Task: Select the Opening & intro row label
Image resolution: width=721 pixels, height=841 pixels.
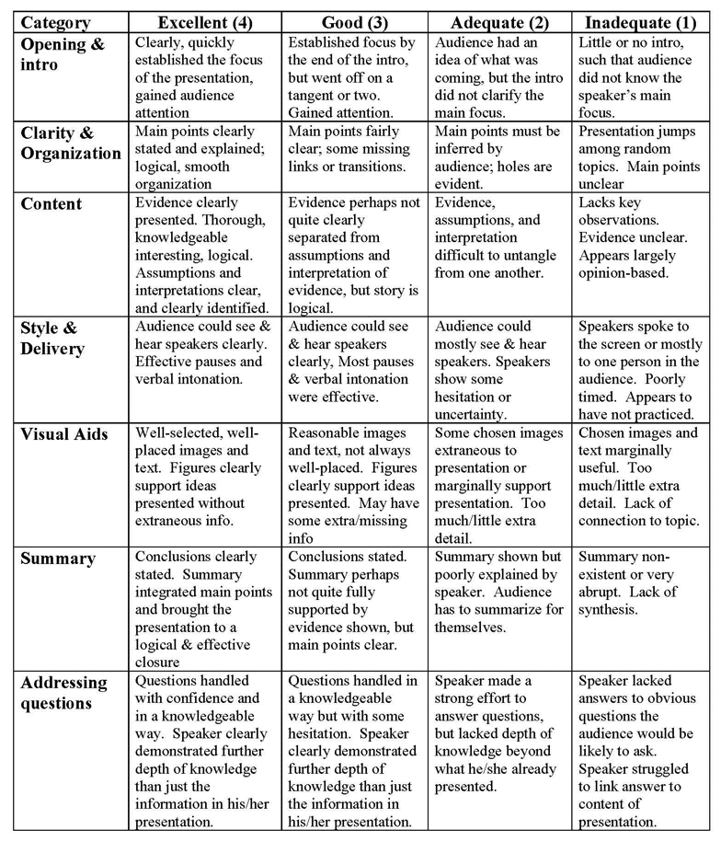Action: pos(62,52)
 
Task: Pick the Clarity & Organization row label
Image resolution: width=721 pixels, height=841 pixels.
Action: pos(71,142)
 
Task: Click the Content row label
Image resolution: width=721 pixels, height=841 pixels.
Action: pos(51,204)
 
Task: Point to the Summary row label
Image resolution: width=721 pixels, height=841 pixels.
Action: pos(58,559)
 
